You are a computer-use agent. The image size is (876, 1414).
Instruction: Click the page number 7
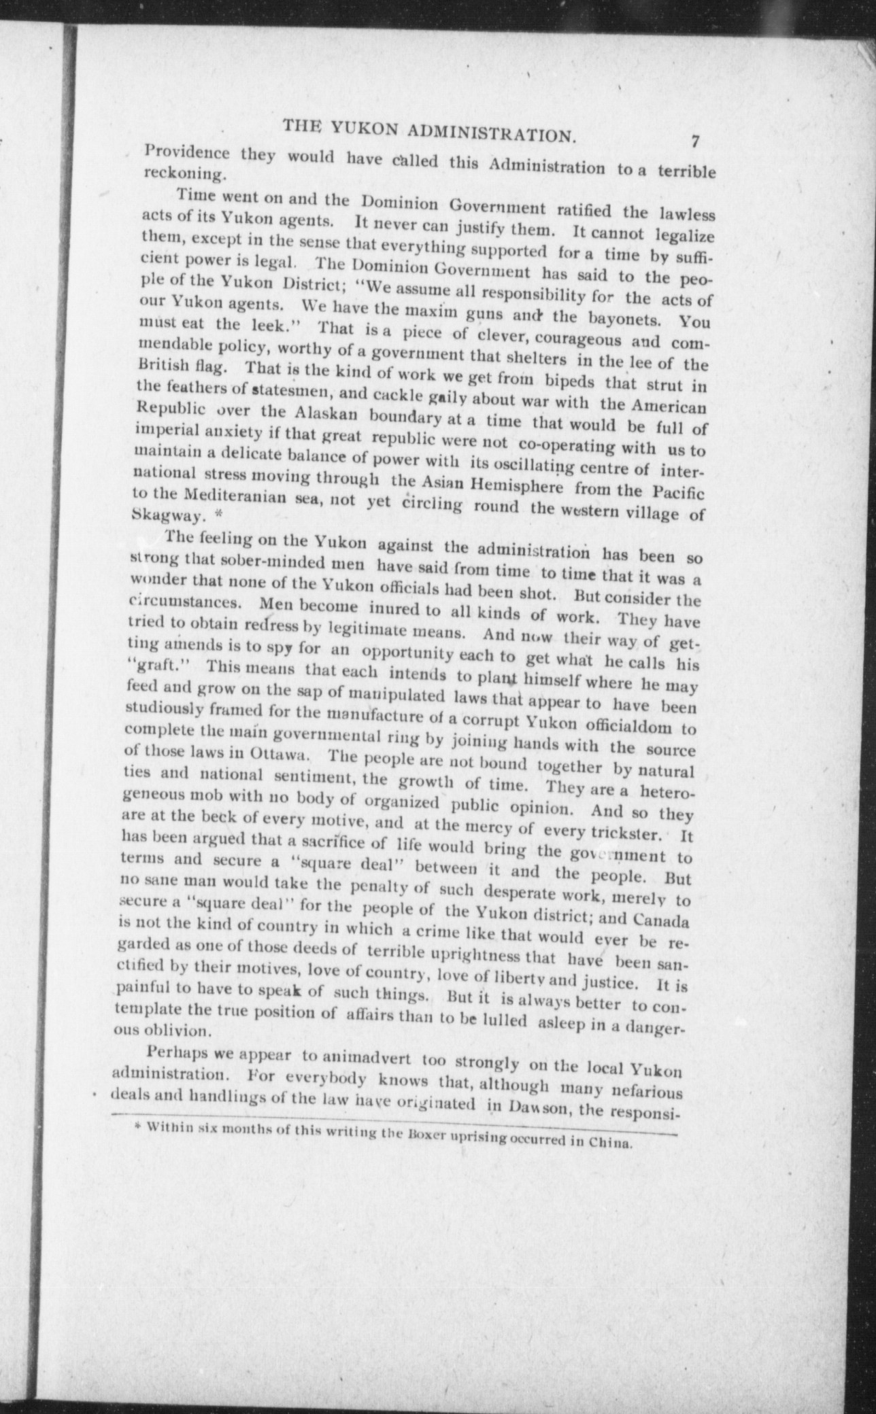(695, 142)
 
